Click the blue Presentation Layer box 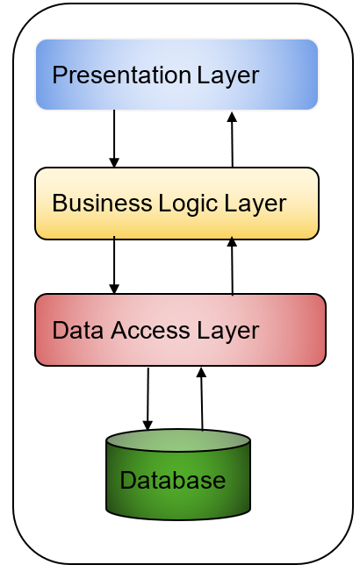[176, 75]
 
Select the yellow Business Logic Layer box [176, 204]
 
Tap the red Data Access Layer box [180, 330]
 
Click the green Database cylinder [177, 478]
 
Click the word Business [90, 204]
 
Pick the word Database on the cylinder [172, 481]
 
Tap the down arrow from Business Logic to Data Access [114, 265]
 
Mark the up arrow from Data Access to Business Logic [232, 266]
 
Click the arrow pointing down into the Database [148, 399]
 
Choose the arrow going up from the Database [201, 399]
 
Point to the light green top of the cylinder [177, 440]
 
